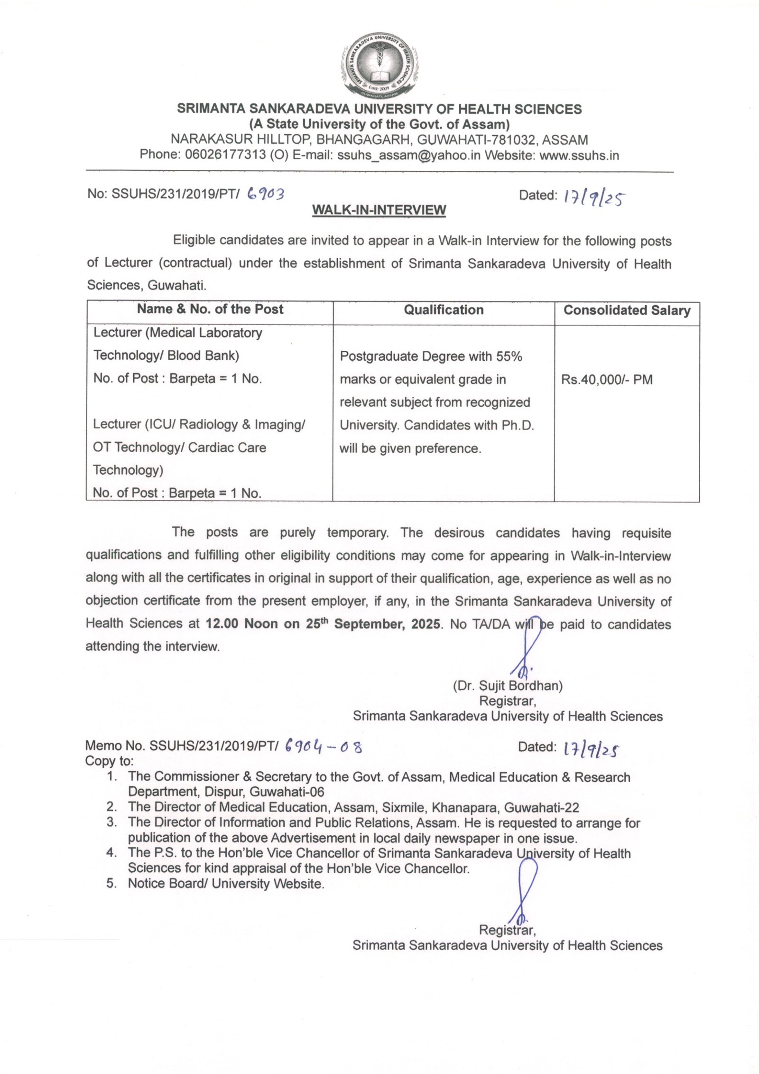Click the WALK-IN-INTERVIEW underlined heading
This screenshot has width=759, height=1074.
[379, 210]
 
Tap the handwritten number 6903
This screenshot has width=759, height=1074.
[266, 194]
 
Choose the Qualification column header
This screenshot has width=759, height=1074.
[444, 310]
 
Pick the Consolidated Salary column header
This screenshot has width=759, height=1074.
[627, 310]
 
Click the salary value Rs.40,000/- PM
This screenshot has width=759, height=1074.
[607, 380]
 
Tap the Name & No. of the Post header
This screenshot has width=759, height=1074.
[210, 309]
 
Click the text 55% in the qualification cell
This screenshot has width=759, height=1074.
[509, 356]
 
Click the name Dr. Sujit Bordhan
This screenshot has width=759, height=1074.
[508, 686]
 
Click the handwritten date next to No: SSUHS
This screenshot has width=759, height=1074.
[593, 198]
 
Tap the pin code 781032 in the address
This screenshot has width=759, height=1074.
[514, 140]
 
